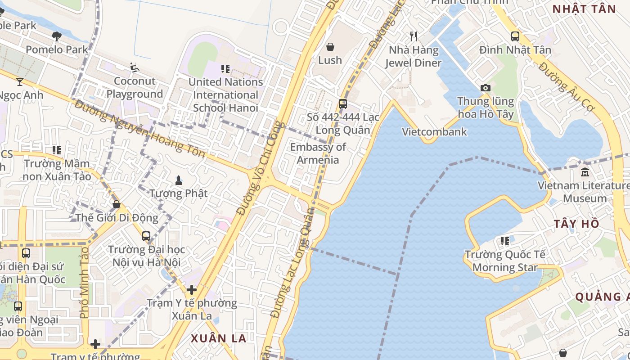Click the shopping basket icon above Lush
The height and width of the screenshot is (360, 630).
tap(330, 47)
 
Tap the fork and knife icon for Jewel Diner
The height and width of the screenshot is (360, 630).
tap(414, 36)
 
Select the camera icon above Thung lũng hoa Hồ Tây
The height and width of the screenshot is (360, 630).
tap(485, 88)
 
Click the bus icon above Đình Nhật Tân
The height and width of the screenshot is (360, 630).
tap(515, 36)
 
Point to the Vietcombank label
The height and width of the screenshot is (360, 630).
tap(434, 132)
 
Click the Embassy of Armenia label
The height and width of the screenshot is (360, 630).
tap(318, 153)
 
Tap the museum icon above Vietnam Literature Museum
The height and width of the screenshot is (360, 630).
tap(585, 172)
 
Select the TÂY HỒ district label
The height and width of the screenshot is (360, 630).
tap(576, 224)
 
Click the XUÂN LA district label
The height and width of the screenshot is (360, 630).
tap(219, 338)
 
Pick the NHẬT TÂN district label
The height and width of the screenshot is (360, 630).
tap(584, 9)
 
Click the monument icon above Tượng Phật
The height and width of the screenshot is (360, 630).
tap(179, 180)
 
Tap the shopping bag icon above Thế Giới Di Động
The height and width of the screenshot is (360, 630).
tap(117, 204)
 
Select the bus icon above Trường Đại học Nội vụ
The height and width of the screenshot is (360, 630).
tap(146, 236)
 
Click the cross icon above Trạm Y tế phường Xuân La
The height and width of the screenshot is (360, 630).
tap(192, 290)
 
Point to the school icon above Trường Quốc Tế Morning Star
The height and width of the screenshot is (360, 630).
tap(504, 241)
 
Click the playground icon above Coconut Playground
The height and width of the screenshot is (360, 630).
tap(134, 67)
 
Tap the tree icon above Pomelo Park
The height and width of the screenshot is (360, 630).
tap(57, 36)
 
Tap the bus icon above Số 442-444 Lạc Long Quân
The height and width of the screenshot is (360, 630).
tap(342, 104)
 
